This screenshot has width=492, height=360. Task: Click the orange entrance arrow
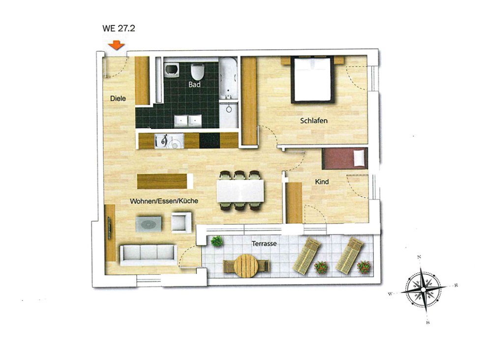(x=117, y=45)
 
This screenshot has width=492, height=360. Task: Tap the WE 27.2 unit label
(x=119, y=28)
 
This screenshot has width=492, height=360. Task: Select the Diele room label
(x=118, y=98)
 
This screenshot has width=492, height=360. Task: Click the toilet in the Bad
(x=197, y=72)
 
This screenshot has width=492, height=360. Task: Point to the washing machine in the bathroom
(x=171, y=70)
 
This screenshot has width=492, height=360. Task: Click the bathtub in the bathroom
(x=228, y=78)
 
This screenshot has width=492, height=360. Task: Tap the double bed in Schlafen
(x=312, y=79)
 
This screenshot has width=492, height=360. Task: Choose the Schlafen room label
(x=314, y=120)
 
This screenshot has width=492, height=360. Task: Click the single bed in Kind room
(x=344, y=158)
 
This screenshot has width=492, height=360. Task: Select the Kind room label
(x=322, y=181)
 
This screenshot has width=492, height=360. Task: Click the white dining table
(x=241, y=191)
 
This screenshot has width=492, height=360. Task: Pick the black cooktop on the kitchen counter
(x=210, y=141)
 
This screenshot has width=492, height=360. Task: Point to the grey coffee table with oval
(x=149, y=224)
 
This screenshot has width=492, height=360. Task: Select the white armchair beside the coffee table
(x=182, y=222)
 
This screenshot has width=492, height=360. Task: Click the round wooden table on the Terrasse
(x=246, y=266)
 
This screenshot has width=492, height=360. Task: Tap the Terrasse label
(x=264, y=243)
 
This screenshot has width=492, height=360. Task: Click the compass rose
(x=424, y=289)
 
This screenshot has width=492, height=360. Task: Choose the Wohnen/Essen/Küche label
(x=164, y=201)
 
